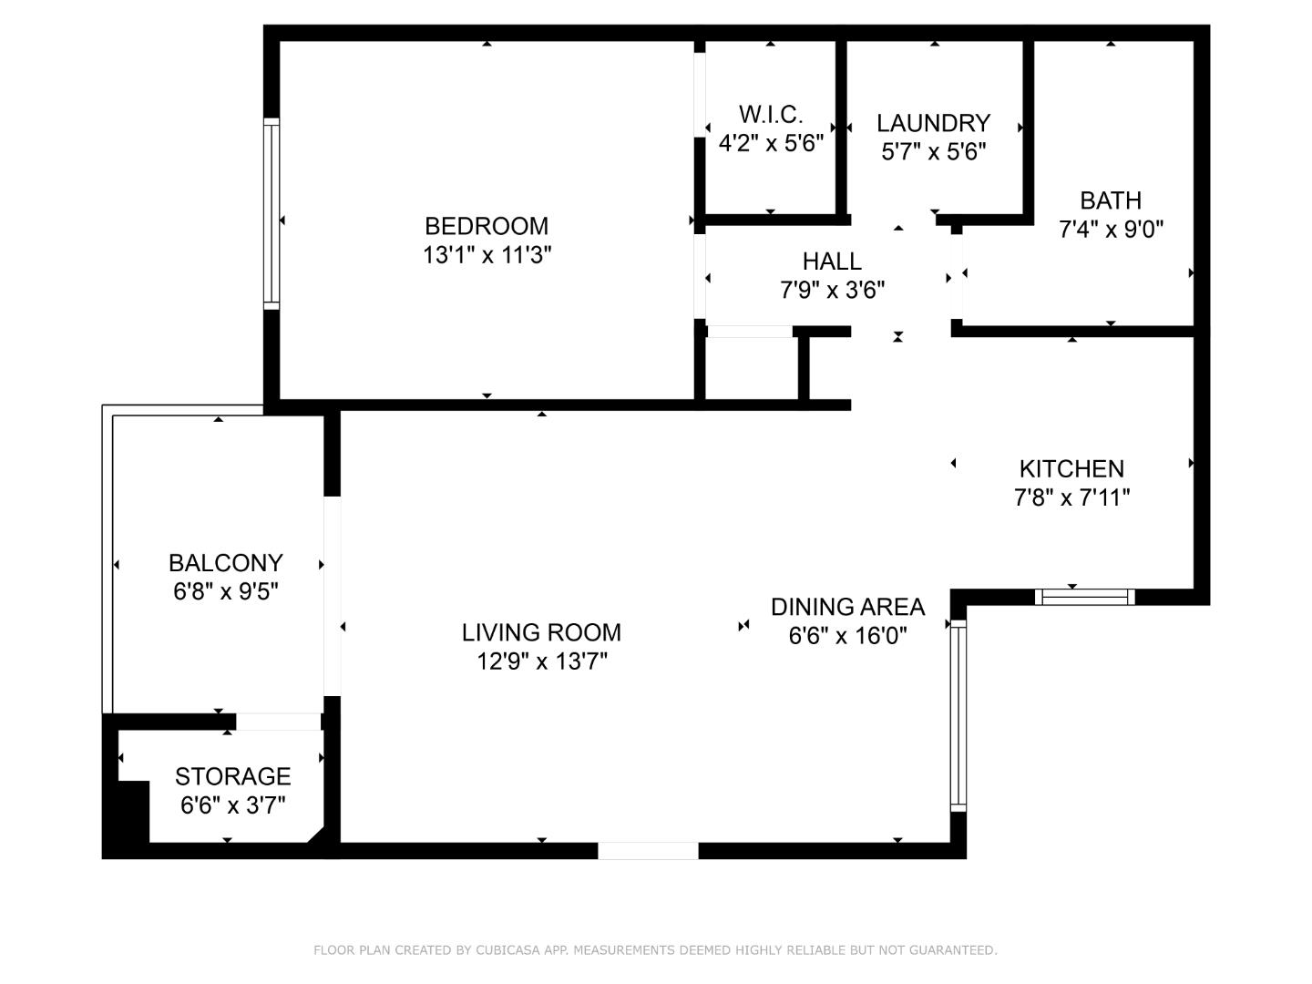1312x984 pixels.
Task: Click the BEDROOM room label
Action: point(487,226)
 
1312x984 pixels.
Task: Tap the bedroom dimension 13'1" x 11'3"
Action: point(487,254)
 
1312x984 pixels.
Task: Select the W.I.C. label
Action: point(771,115)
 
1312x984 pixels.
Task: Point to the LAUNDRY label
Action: point(933,123)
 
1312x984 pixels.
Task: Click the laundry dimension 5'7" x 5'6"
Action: point(933,151)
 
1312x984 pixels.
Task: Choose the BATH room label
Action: point(1111,200)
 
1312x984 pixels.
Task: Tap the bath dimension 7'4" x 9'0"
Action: point(1111,229)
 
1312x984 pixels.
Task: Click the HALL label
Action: point(832,261)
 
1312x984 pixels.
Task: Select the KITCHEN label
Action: point(1071,469)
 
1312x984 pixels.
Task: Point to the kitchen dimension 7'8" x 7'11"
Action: point(1071,497)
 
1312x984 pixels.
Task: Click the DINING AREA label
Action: point(847,607)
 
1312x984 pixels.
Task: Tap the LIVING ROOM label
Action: point(541,632)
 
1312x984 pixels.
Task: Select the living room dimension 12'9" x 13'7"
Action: point(541,661)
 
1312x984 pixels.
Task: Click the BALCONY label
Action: point(225,563)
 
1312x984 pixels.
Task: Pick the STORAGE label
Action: point(232,776)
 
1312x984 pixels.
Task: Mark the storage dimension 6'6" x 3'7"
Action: point(232,805)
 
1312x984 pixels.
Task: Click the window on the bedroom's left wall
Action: point(271,213)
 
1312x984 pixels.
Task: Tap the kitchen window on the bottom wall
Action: point(1084,598)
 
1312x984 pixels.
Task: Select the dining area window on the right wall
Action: point(958,716)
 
